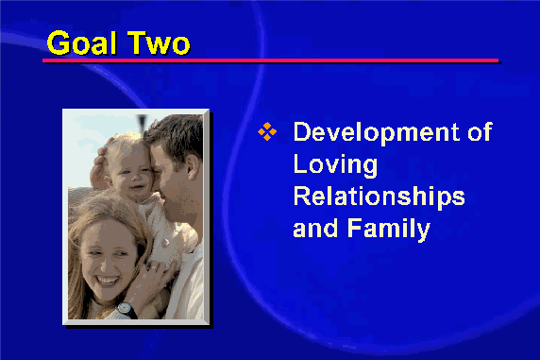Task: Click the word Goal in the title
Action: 81,43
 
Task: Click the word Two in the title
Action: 159,43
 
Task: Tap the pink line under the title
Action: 270,60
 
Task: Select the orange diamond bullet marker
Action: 267,131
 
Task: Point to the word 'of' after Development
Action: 481,131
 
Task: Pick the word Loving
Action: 335,165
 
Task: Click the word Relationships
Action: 380,197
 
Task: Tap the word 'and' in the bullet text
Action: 315,228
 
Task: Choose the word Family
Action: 389,230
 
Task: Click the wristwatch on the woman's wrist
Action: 125,308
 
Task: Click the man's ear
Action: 193,166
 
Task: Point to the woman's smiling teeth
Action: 107,280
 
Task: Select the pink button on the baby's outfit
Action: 165,243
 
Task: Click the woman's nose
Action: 105,264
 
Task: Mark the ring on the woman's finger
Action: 154,267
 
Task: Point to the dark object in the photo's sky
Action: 142,122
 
